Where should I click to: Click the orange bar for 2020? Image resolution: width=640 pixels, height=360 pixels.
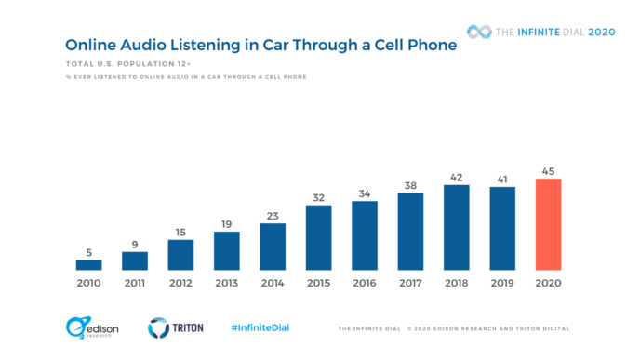pyautogui.click(x=548, y=224)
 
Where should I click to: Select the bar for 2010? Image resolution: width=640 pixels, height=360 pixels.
pyautogui.click(x=88, y=264)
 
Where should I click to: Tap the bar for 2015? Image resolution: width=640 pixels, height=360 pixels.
pyautogui.click(x=318, y=237)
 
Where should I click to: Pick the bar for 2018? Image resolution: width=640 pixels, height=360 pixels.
pyautogui.click(x=456, y=227)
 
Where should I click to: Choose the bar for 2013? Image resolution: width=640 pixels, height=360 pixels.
pyautogui.click(x=226, y=250)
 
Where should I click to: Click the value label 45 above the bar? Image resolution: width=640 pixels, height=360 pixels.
pyautogui.click(x=548, y=170)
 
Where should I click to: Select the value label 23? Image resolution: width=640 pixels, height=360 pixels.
pyautogui.click(x=273, y=215)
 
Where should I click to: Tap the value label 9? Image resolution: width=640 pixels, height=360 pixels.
pyautogui.click(x=135, y=244)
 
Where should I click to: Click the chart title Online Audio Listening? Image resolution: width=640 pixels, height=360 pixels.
pyautogui.click(x=260, y=45)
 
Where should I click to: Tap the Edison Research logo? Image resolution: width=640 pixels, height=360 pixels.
pyautogui.click(x=89, y=327)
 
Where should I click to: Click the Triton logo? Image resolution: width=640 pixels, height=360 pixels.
pyautogui.click(x=176, y=327)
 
